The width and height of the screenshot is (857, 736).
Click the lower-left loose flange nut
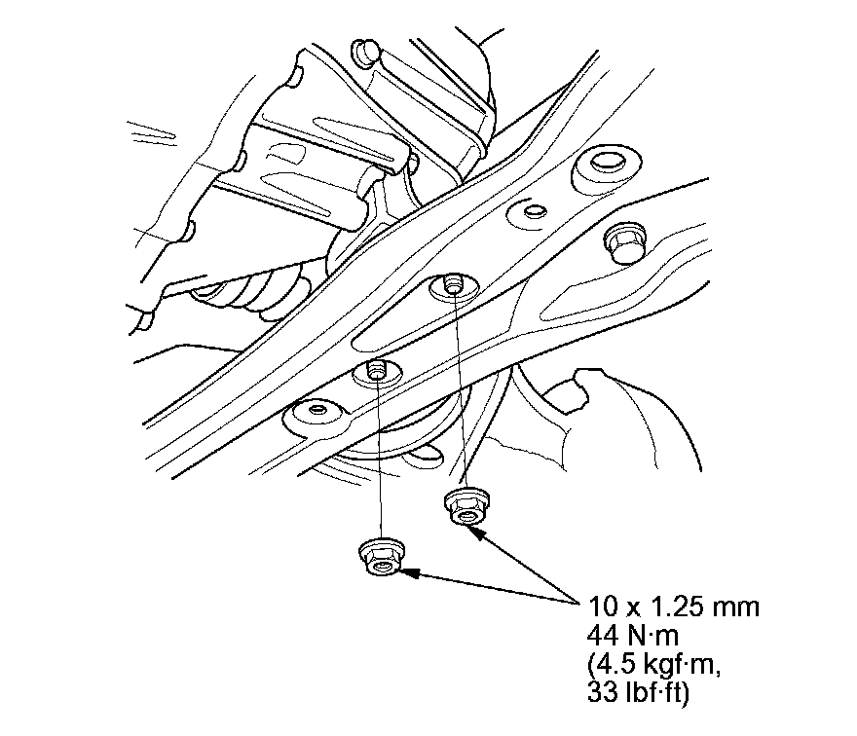pyautogui.click(x=382, y=557)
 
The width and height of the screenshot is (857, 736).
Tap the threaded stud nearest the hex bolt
pyautogui.click(x=452, y=283)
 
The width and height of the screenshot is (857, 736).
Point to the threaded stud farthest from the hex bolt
pyautogui.click(x=375, y=369)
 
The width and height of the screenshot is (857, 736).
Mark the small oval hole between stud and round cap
pyautogui.click(x=533, y=210)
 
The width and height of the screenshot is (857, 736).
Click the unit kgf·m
pyautogui.click(x=678, y=667)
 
